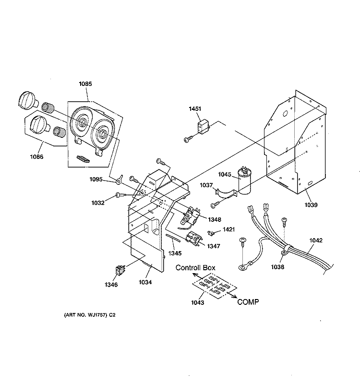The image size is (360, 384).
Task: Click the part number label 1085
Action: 85,84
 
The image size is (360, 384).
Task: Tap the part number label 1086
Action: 36,157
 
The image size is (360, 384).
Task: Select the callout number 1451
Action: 195,109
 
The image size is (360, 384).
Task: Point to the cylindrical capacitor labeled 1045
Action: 245,180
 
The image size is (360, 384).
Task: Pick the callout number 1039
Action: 311,205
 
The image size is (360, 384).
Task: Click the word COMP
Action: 248,302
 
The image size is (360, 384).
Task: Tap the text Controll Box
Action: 195,268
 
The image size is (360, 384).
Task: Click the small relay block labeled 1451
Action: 203,128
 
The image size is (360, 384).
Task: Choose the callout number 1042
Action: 316,240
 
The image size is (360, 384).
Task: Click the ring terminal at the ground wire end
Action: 243,268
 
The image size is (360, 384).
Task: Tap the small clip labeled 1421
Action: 211,233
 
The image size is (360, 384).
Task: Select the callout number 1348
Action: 215,220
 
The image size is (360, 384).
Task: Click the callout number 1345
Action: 175,253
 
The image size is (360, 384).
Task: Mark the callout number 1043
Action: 198,303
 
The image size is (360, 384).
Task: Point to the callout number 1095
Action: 96,180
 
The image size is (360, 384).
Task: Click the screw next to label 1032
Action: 121,195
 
